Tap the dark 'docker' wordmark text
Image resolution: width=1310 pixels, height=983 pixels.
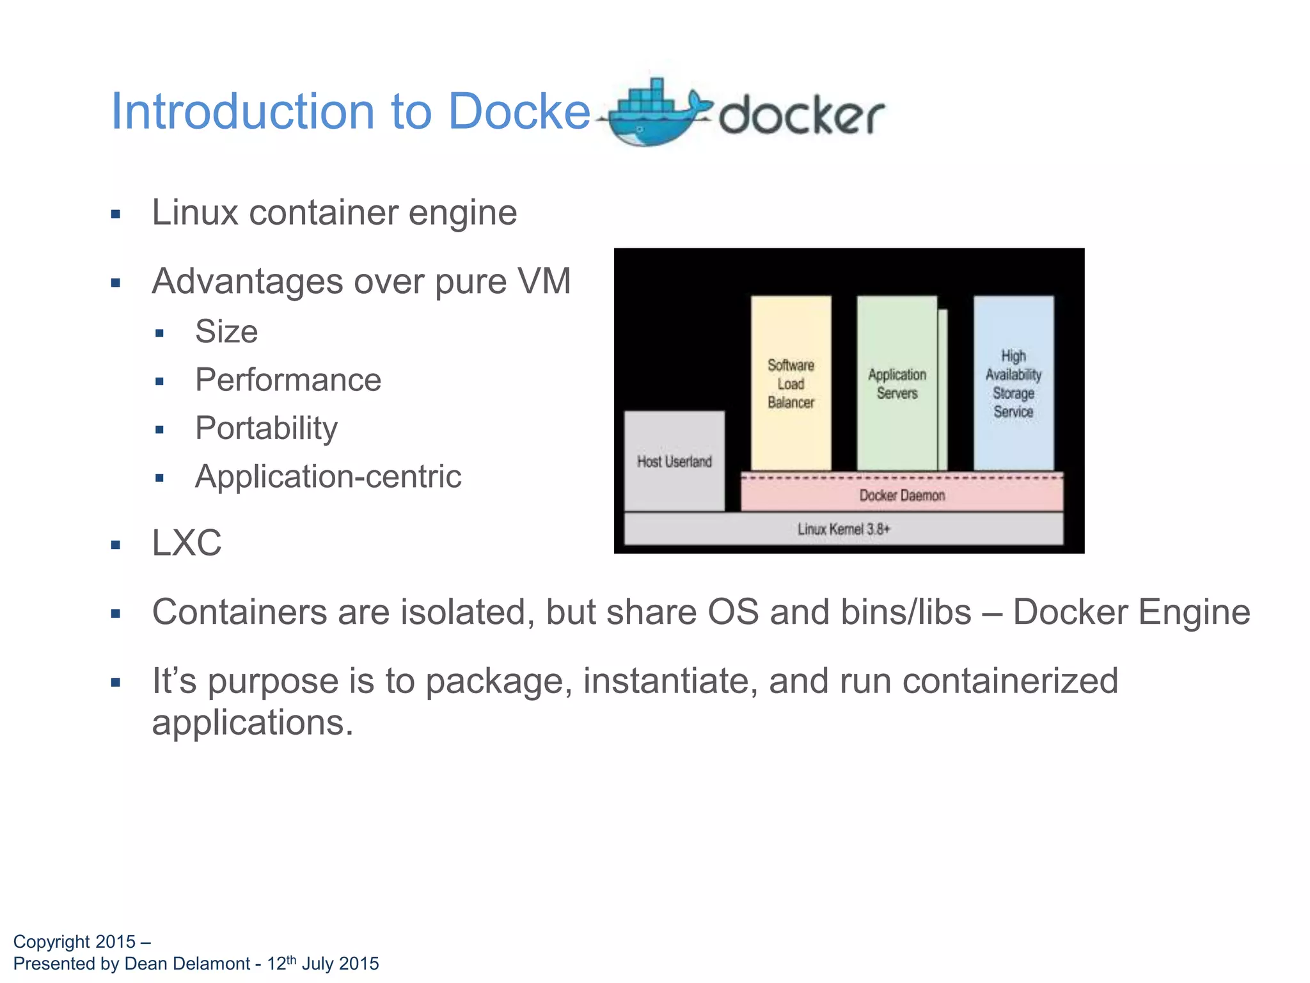click(x=801, y=116)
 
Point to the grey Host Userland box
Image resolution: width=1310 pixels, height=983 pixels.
click(x=674, y=461)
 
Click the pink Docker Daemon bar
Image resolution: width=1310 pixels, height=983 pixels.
click(x=902, y=495)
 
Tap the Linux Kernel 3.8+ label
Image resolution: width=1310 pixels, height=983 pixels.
click(x=843, y=529)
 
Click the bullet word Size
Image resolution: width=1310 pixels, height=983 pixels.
click(x=226, y=332)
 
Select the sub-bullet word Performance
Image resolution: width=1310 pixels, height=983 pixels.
click(x=288, y=380)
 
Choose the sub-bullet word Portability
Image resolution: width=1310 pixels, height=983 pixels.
click(x=266, y=428)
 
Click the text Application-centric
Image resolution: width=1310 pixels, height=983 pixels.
click(x=328, y=477)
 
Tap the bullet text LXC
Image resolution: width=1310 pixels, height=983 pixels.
click(x=186, y=543)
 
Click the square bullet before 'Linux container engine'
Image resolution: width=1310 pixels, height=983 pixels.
click(x=116, y=214)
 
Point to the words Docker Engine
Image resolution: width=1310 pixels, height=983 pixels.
click(x=1131, y=612)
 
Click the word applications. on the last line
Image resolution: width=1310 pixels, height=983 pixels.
click(x=253, y=723)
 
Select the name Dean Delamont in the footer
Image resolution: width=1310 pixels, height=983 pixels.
click(x=187, y=964)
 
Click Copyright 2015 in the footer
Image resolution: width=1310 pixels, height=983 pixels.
click(x=74, y=942)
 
